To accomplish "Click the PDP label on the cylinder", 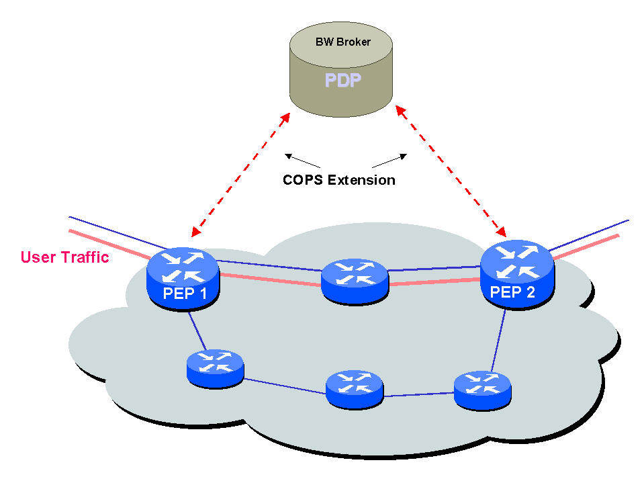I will click(343, 81).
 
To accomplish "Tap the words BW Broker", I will click(343, 42).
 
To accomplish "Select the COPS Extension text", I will click(338, 180).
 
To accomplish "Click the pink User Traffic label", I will click(64, 257).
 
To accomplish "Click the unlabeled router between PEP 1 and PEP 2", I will click(355, 281).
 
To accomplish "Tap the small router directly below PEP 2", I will click(482, 390).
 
